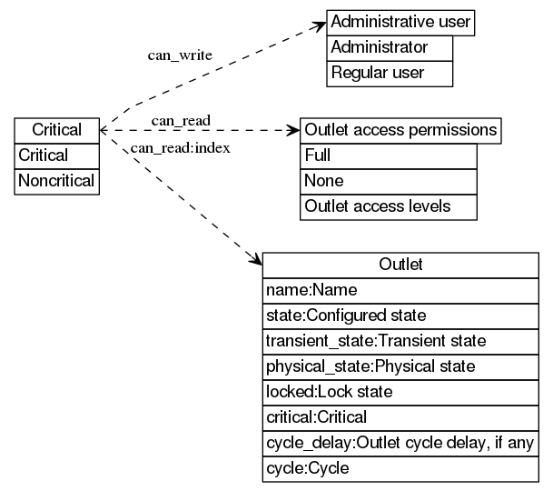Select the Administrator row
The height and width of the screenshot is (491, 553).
(390, 47)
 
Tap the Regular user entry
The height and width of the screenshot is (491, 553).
(390, 73)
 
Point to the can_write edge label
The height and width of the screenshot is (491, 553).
(180, 55)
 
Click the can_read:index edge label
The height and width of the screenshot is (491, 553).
(180, 147)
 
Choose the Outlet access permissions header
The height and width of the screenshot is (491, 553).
(400, 130)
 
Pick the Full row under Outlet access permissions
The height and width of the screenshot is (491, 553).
(389, 155)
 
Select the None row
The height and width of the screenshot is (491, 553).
(389, 181)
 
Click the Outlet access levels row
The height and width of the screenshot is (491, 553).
(389, 206)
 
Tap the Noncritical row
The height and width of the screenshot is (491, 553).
(56, 181)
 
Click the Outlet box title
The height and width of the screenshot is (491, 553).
(400, 265)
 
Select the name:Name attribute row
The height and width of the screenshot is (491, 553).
(400, 290)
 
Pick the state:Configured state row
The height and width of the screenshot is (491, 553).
(400, 316)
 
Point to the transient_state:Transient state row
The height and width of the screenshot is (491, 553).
(400, 341)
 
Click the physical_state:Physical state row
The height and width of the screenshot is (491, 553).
(400, 366)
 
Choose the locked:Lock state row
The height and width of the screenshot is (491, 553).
(400, 392)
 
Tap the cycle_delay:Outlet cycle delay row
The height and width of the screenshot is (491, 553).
(400, 443)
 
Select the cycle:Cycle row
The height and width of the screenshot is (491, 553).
(400, 468)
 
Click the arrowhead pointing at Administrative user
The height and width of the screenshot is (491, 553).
(320, 24)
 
